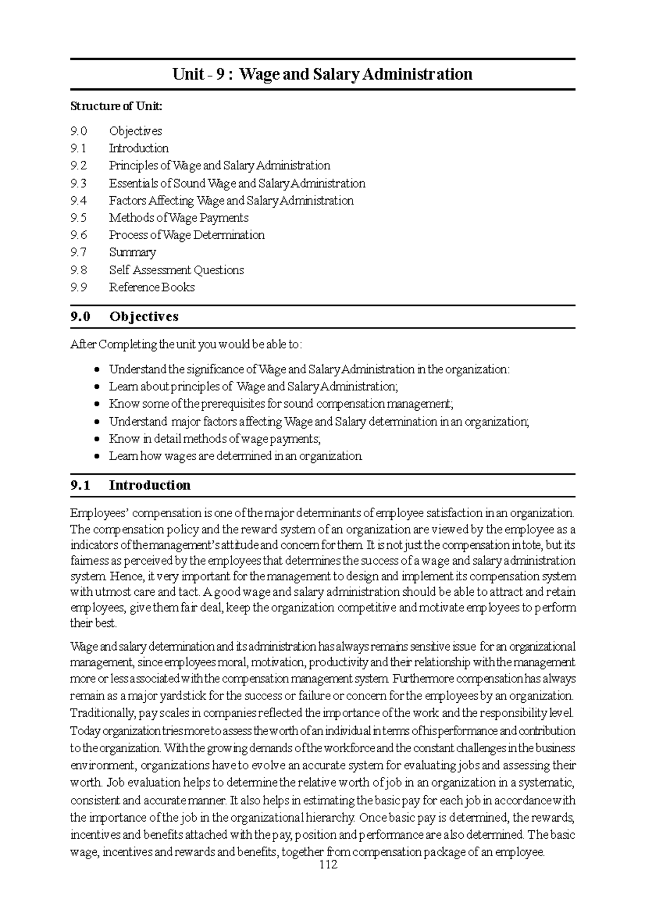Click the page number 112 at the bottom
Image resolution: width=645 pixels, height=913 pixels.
(328, 865)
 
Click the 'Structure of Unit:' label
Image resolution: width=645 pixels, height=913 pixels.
(116, 106)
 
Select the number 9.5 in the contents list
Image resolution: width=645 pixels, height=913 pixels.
(78, 218)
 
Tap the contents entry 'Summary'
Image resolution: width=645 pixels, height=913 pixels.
(132, 252)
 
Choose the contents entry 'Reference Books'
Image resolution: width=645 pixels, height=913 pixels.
(152, 287)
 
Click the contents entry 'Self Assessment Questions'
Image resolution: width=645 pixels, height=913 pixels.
(176, 270)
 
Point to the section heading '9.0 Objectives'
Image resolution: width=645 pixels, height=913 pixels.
(124, 317)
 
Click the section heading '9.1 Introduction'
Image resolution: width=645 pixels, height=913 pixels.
(130, 485)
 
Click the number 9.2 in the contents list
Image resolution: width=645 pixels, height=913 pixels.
(78, 166)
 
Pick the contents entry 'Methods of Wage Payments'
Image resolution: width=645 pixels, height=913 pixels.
(178, 218)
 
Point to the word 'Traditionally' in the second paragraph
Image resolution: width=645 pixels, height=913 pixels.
(102, 714)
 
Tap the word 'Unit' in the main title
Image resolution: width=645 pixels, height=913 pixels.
(188, 74)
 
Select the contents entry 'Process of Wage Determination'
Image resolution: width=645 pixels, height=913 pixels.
(187, 235)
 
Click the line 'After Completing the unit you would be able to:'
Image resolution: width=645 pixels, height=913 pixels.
(186, 344)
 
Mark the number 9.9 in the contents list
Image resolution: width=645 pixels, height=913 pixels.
(78, 287)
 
